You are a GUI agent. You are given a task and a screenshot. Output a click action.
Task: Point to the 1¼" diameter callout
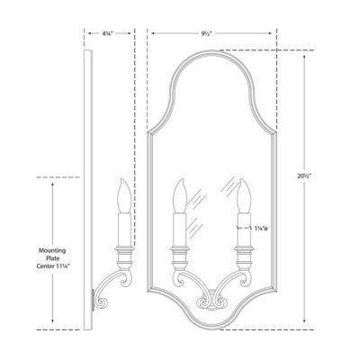coord(263,227)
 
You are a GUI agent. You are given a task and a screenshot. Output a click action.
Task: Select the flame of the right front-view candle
coord(244,193)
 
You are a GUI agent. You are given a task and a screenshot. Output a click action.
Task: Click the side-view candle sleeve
coord(121,227)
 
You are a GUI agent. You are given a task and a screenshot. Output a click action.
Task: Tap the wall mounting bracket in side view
coord(94,296)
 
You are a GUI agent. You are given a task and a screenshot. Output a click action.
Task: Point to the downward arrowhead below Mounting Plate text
coord(52,320)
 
